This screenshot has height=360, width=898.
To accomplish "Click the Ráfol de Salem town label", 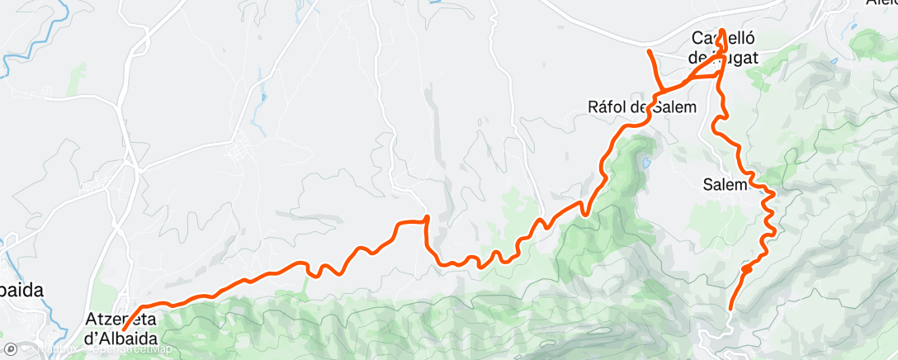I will pyautogui.click(x=641, y=107).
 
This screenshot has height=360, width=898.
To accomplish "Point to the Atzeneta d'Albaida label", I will pyautogui.click(x=121, y=327).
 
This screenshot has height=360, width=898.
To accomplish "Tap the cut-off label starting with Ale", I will pyautogui.click(x=881, y=3).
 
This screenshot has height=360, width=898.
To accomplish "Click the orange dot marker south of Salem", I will pyautogui.click(x=746, y=268).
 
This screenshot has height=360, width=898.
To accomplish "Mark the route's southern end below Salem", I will pyautogui.click(x=730, y=309).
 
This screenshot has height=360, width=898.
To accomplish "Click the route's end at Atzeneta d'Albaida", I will pyautogui.click(x=124, y=329).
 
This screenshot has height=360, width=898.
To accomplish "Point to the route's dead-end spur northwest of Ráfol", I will pyautogui.click(x=649, y=52).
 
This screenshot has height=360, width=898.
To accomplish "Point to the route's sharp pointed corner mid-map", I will pyautogui.click(x=426, y=217).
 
